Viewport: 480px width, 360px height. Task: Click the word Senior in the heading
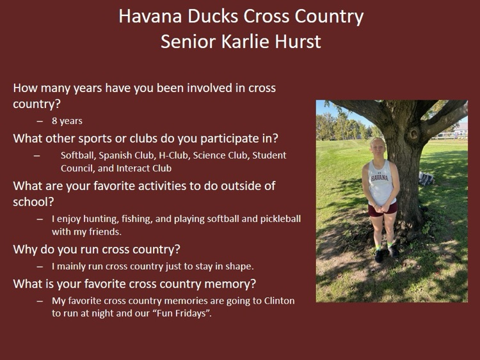[184, 42]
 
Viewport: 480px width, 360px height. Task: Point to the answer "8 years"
[67, 121]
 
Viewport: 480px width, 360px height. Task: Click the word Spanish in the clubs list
[116, 155]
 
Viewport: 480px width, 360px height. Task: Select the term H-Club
[168, 155]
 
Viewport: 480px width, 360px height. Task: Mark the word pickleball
[278, 219]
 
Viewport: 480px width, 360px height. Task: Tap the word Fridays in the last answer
[189, 314]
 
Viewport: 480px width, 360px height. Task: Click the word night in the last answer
[101, 314]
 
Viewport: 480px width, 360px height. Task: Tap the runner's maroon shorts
[383, 209]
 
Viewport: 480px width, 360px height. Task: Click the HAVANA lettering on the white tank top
[380, 177]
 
